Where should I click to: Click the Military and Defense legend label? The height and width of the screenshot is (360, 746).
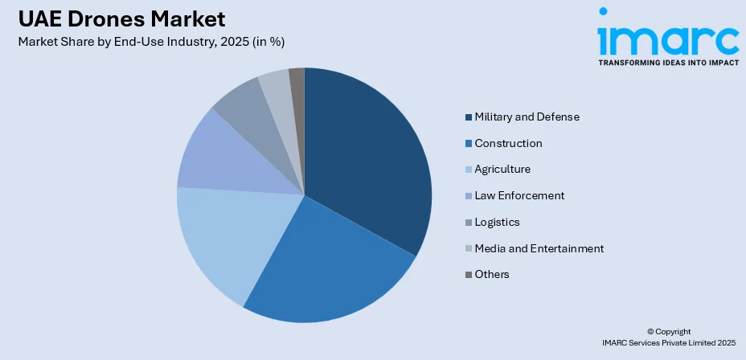click(527, 117)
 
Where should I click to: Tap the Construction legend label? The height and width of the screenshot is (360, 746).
click(508, 144)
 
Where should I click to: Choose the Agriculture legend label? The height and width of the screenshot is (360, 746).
click(502, 170)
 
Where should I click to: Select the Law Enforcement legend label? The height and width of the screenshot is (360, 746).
click(519, 196)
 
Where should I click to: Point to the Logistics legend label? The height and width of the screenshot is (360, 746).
click(497, 222)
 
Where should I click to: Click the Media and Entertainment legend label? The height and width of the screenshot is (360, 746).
click(539, 248)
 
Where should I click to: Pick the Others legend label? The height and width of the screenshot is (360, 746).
click(492, 275)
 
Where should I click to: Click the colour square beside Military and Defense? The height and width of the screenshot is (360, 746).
click(469, 117)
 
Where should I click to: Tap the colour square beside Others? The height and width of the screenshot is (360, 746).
click(469, 275)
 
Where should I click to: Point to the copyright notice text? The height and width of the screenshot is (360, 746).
click(668, 337)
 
